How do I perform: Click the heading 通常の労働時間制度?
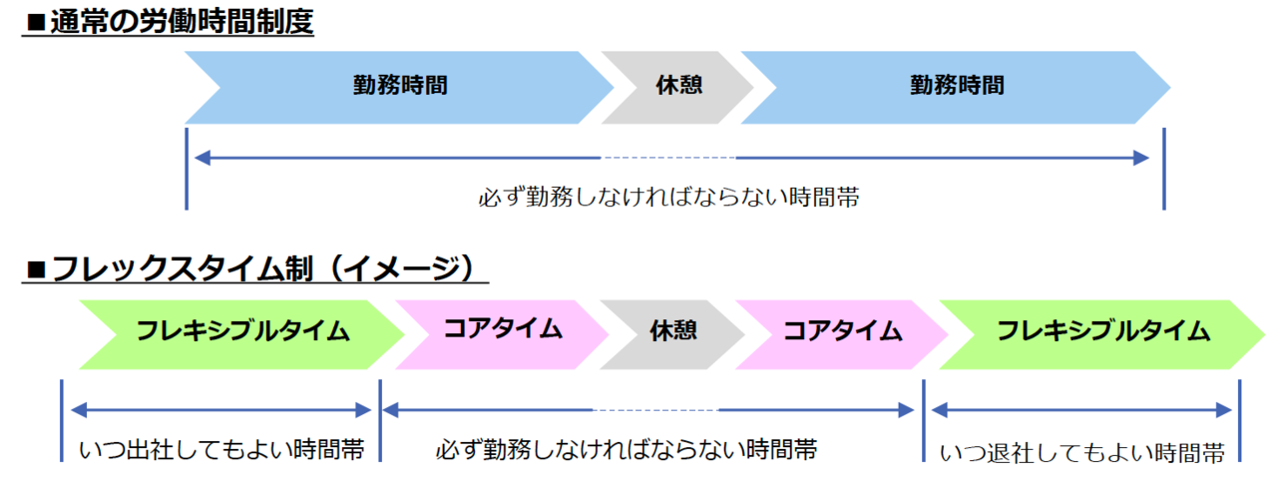pos(182,22)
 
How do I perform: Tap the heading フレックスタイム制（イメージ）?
pos(262,268)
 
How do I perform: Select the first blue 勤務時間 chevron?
pos(399,87)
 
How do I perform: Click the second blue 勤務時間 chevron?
pos(956,87)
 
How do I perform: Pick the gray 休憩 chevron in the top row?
pos(677,87)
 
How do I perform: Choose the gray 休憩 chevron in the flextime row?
pos(672,334)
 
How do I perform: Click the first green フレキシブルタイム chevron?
pos(242,334)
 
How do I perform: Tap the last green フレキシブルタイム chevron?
pos(1102,334)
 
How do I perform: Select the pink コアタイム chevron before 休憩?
pos(502,334)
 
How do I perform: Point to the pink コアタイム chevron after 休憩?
pos(842,334)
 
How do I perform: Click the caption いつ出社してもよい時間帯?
pos(221,450)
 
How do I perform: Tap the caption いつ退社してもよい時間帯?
pos(1081,453)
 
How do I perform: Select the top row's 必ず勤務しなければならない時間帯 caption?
pos(668,198)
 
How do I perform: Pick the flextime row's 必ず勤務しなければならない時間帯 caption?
pos(627,450)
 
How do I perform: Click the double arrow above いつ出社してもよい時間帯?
pos(221,410)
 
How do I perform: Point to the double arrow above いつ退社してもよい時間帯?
pos(1081,410)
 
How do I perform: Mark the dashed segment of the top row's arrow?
pos(668,158)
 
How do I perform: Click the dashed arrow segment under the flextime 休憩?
pos(655,410)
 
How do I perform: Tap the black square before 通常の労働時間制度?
pos(36,23)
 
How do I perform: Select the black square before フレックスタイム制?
pos(36,269)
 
